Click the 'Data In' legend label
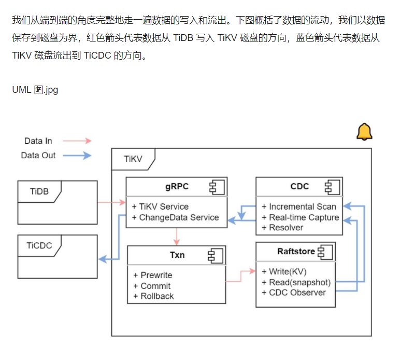click(x=38, y=141)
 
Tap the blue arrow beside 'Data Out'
click(x=78, y=155)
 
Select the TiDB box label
click(x=39, y=191)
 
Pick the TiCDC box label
click(x=39, y=245)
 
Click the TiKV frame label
click(x=133, y=159)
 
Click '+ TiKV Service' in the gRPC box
click(x=161, y=206)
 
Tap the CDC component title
click(x=299, y=187)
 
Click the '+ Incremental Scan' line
click(x=299, y=206)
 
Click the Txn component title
click(x=177, y=255)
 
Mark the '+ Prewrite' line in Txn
click(x=153, y=275)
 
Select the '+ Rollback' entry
click(x=154, y=296)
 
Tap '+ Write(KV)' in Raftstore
click(x=287, y=271)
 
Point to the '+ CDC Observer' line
click(x=294, y=293)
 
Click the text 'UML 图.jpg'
click(x=35, y=90)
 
